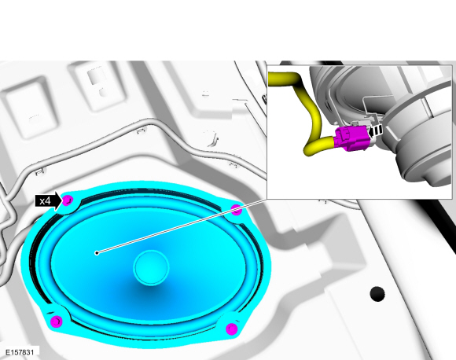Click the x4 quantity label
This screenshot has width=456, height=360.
coord(46,200)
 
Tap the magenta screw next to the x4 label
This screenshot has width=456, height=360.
coord(68,201)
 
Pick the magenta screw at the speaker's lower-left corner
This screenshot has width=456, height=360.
coord(56,321)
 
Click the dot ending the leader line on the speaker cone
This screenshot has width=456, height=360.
coord(96,252)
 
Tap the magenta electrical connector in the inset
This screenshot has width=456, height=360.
coord(348,138)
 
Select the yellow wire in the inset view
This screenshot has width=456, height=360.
coord(311,118)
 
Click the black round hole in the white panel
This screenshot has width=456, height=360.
coord(378,293)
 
